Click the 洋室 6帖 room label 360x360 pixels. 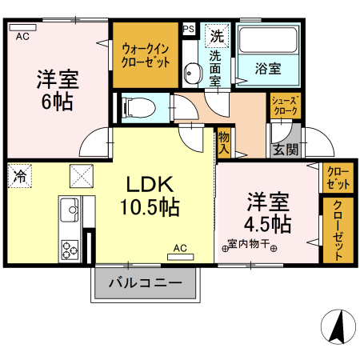click(55, 90)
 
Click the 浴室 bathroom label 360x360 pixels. click(268, 68)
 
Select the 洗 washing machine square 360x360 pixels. click(216, 34)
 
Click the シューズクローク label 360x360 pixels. click(285, 106)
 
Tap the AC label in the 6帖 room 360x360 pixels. click(22, 37)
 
